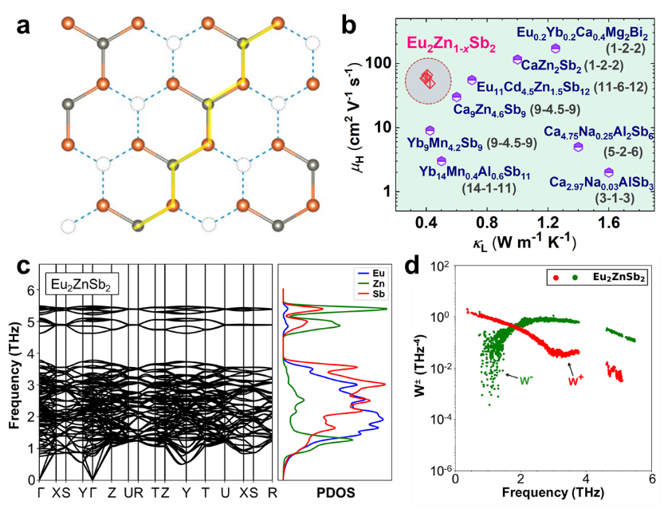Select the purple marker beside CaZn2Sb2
[x=517, y=60]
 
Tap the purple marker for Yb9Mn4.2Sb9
[x=430, y=130]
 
